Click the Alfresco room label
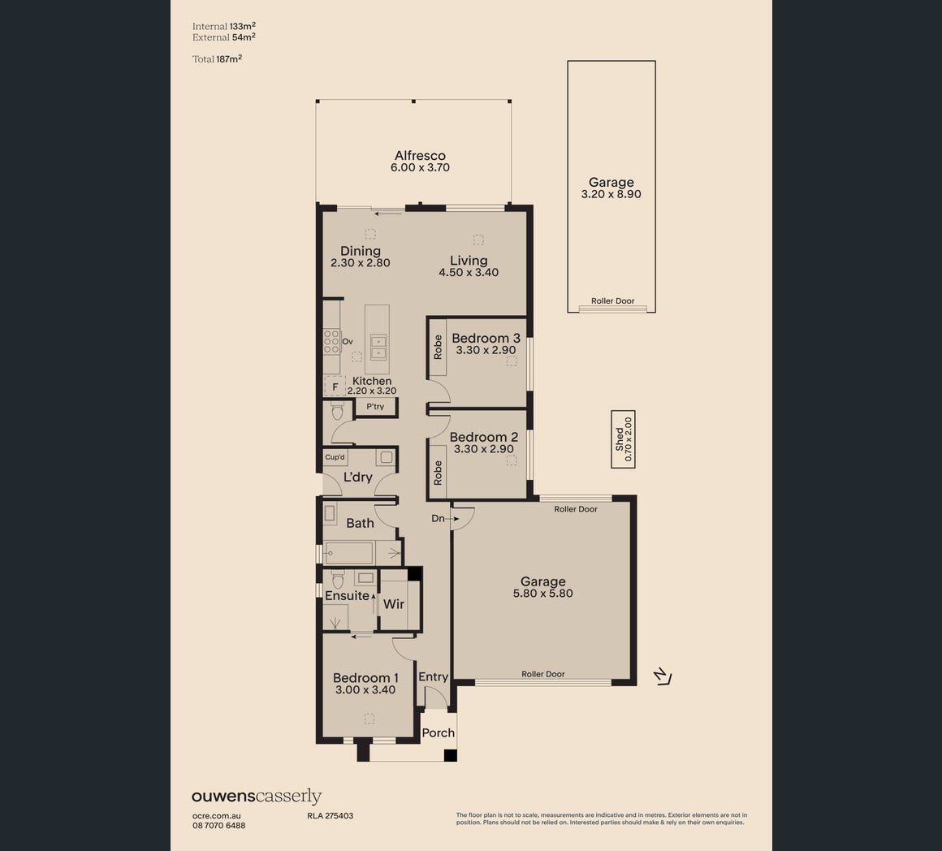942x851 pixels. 420,156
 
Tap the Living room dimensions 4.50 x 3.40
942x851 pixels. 469,272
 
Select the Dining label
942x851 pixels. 361,251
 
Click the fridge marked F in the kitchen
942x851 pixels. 335,387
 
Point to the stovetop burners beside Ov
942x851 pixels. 331,341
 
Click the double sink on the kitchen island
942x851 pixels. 378,347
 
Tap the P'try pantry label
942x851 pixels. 375,407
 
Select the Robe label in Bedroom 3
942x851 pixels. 438,348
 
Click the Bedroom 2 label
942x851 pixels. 484,437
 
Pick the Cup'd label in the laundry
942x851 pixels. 335,457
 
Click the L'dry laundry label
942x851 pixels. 358,477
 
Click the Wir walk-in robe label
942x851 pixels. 394,603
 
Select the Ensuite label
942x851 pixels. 347,596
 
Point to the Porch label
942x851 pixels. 438,732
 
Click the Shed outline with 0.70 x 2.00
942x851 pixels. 623,439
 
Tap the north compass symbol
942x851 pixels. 663,676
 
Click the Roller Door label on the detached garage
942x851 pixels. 613,301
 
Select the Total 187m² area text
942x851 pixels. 217,58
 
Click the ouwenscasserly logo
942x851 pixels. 257,797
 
